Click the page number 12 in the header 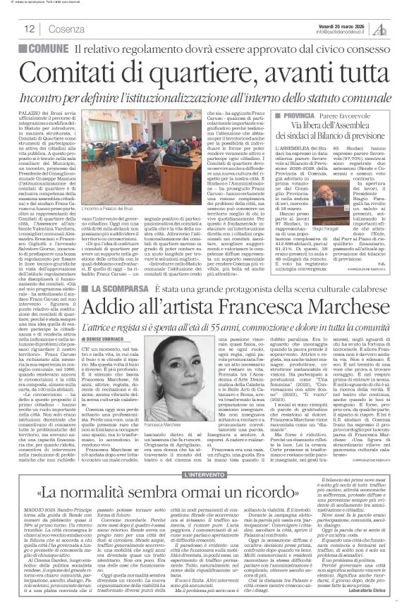coord(31,29)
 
